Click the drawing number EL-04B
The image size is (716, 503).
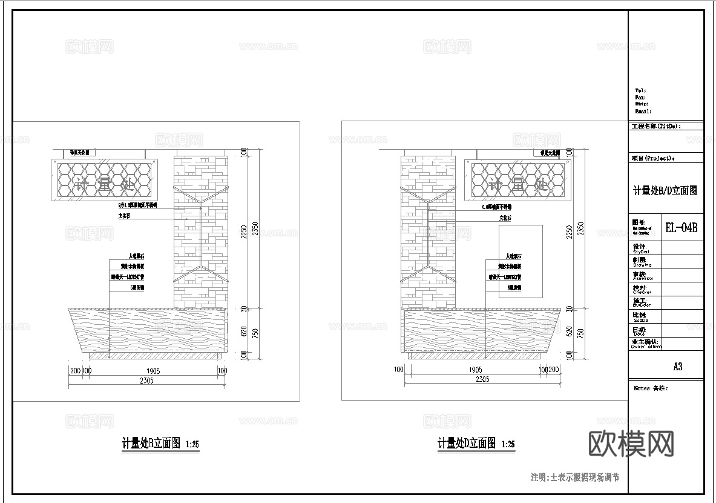point(682,228)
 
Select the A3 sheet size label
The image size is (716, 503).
point(677,367)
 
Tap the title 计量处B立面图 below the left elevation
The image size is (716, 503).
point(152,444)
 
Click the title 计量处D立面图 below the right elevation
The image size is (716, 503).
point(467,443)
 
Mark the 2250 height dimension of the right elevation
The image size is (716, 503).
point(568,230)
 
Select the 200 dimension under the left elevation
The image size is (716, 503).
point(75,370)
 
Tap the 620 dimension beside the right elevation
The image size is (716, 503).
point(568,332)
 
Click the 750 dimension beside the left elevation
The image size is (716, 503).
point(256,333)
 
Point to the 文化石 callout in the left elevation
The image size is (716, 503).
point(125,215)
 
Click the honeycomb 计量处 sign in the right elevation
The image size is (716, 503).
point(517,181)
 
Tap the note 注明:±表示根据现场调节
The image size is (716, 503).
point(574,478)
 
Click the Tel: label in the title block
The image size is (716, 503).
point(640,90)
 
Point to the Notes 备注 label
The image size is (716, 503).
point(651,388)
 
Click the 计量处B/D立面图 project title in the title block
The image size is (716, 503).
point(665,190)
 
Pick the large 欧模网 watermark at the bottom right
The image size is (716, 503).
point(631,444)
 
